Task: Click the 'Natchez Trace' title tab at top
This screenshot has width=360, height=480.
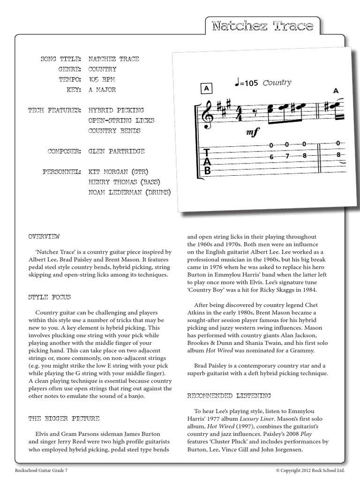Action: point(262,26)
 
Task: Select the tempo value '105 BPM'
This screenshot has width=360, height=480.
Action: point(102,79)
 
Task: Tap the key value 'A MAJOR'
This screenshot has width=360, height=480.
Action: point(102,90)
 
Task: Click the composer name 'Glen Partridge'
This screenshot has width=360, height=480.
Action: point(116,151)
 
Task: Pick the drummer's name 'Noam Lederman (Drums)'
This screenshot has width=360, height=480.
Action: point(129,192)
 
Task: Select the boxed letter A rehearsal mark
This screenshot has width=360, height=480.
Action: point(206,88)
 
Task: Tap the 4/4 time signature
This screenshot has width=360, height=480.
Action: point(239,113)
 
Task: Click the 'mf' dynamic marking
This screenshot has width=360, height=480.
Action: point(252,133)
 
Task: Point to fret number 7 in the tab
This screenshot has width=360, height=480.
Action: point(287,156)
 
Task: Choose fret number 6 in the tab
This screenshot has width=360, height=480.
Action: point(271,157)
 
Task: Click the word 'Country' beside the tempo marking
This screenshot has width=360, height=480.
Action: point(277,83)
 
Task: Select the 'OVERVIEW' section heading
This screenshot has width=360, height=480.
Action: point(44,236)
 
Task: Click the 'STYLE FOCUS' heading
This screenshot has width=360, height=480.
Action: point(49,297)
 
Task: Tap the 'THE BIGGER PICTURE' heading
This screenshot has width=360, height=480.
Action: point(64,418)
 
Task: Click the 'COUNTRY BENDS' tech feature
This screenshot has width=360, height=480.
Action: point(114,131)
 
